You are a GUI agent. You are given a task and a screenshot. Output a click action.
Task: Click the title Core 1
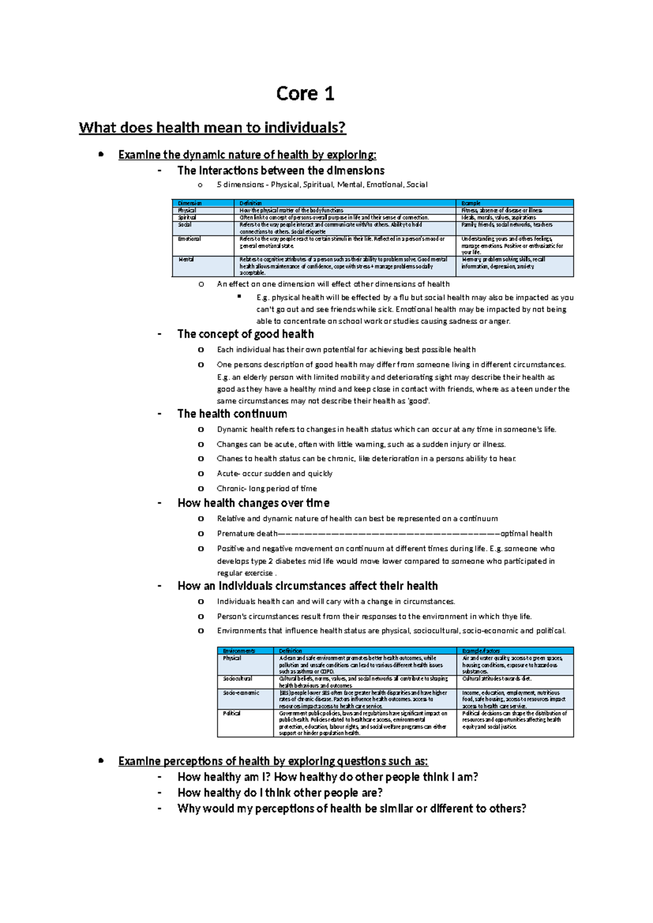(x=305, y=94)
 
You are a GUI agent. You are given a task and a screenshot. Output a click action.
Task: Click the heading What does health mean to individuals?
(x=212, y=128)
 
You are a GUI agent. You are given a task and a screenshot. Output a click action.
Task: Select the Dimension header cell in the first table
(x=190, y=203)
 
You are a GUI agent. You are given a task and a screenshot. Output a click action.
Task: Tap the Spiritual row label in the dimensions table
(x=187, y=217)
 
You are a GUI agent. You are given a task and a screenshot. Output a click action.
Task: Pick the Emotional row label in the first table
(x=189, y=239)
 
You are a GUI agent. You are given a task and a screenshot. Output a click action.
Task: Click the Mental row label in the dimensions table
(x=186, y=260)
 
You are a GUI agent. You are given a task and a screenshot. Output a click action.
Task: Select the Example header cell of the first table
(x=471, y=203)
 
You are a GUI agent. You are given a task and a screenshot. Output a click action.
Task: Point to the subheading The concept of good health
(x=245, y=334)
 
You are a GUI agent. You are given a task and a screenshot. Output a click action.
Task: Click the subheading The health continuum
(x=232, y=414)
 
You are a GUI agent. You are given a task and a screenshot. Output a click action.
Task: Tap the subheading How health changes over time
(x=254, y=503)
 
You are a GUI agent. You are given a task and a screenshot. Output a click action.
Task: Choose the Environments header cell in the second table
(x=239, y=651)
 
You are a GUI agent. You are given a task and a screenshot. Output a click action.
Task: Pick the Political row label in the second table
(x=232, y=713)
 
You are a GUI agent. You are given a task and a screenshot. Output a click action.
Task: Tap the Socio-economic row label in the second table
(x=241, y=693)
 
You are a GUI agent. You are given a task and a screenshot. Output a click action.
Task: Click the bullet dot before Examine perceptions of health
(x=101, y=760)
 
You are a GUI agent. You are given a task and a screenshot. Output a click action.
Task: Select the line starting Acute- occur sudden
(x=274, y=473)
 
